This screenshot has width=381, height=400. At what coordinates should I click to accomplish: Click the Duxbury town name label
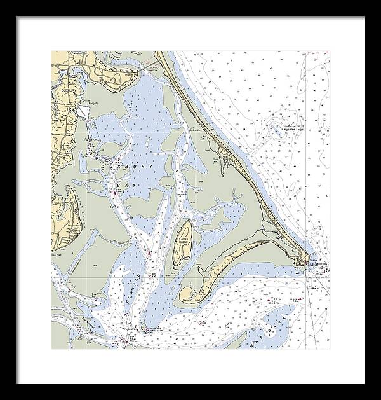pyautogui.click(x=69, y=91)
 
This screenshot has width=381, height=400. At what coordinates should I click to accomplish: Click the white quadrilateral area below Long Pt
pyautogui.click(x=84, y=113)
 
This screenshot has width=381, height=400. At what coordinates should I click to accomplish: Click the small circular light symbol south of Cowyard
pyautogui.click(x=142, y=329)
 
